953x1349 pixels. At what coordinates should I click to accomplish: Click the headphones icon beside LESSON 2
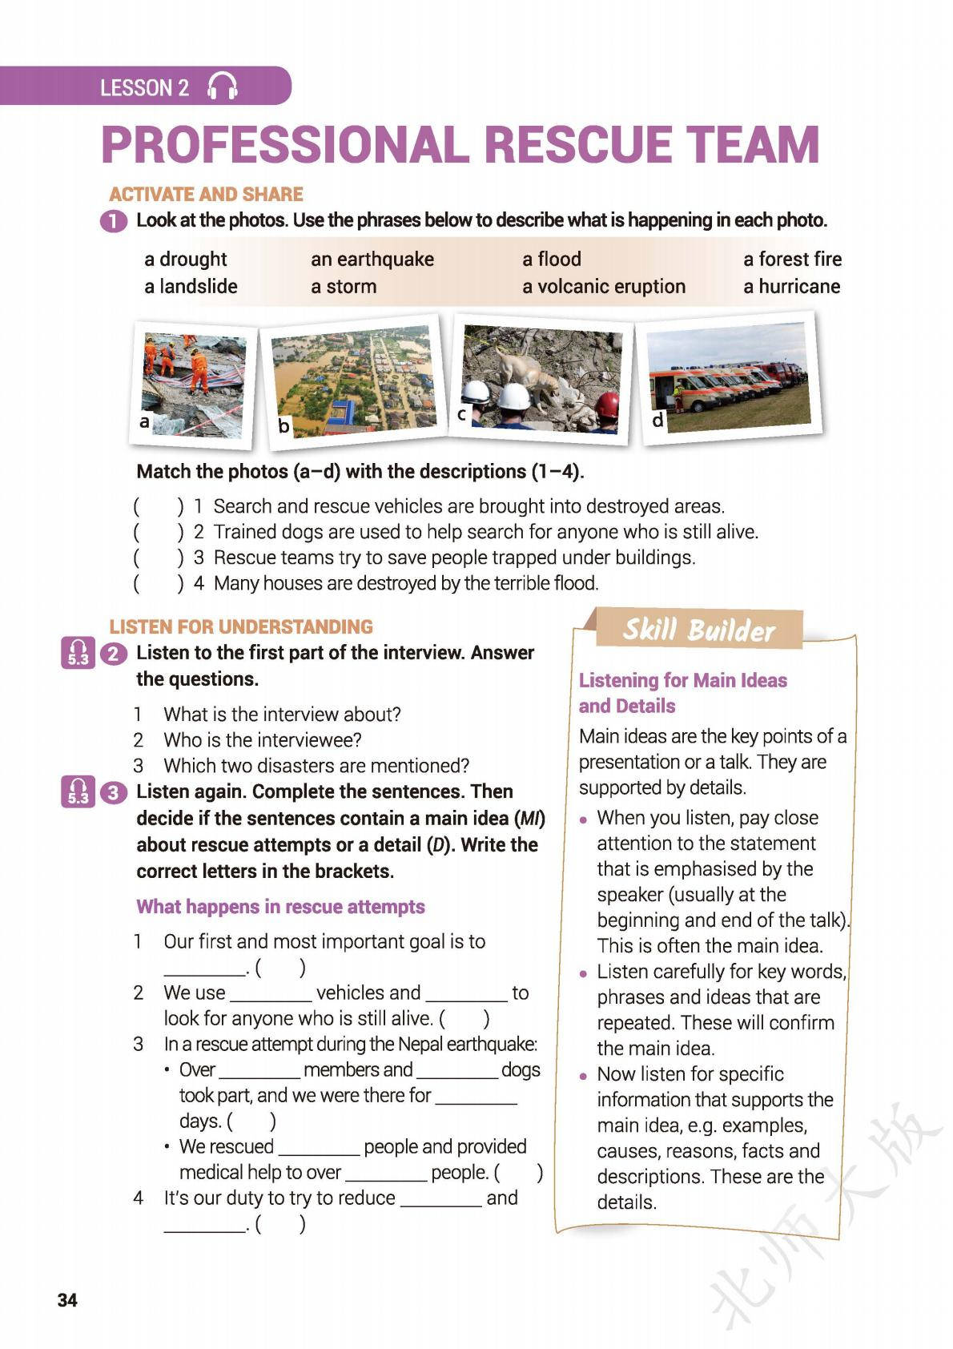pyautogui.click(x=223, y=87)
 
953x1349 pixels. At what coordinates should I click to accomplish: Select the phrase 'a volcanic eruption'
pyautogui.click(x=604, y=287)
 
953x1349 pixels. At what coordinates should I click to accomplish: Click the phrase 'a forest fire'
pyautogui.click(x=792, y=259)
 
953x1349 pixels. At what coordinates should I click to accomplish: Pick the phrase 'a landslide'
pyautogui.click(x=191, y=287)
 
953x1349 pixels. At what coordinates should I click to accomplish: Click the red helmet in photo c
pyautogui.click(x=608, y=405)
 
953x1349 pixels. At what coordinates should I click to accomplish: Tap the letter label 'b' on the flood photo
pyautogui.click(x=283, y=426)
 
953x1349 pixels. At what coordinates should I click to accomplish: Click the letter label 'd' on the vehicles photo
pyautogui.click(x=657, y=419)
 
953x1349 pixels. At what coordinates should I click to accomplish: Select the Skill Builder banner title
pyautogui.click(x=698, y=630)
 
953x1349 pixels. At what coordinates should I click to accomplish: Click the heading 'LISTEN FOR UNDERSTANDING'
pyautogui.click(x=241, y=626)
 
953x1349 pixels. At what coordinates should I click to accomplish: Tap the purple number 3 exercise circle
pyautogui.click(x=115, y=792)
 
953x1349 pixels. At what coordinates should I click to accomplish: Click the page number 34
pyautogui.click(x=68, y=1299)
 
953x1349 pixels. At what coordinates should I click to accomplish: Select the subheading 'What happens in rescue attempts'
pyautogui.click(x=280, y=907)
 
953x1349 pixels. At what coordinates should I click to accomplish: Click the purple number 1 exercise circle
pyautogui.click(x=115, y=221)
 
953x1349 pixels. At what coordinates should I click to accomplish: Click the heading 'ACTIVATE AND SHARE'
pyautogui.click(x=206, y=194)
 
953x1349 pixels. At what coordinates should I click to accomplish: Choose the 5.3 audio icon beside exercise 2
pyautogui.click(x=78, y=653)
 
